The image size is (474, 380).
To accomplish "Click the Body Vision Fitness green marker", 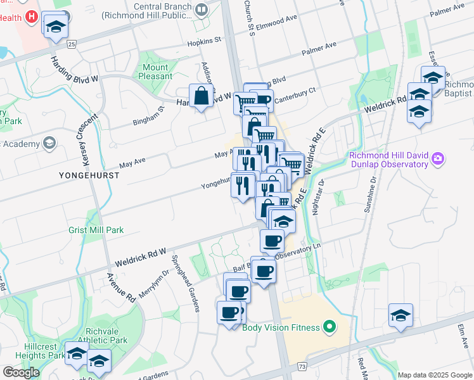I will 329,327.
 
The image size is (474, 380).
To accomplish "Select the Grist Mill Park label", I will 96,231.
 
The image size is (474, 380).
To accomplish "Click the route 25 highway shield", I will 72,44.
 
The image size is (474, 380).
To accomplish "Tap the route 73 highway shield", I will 302,367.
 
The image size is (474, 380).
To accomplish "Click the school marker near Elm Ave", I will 401,315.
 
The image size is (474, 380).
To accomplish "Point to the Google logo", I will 21,372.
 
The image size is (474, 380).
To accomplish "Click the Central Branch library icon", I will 202,9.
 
